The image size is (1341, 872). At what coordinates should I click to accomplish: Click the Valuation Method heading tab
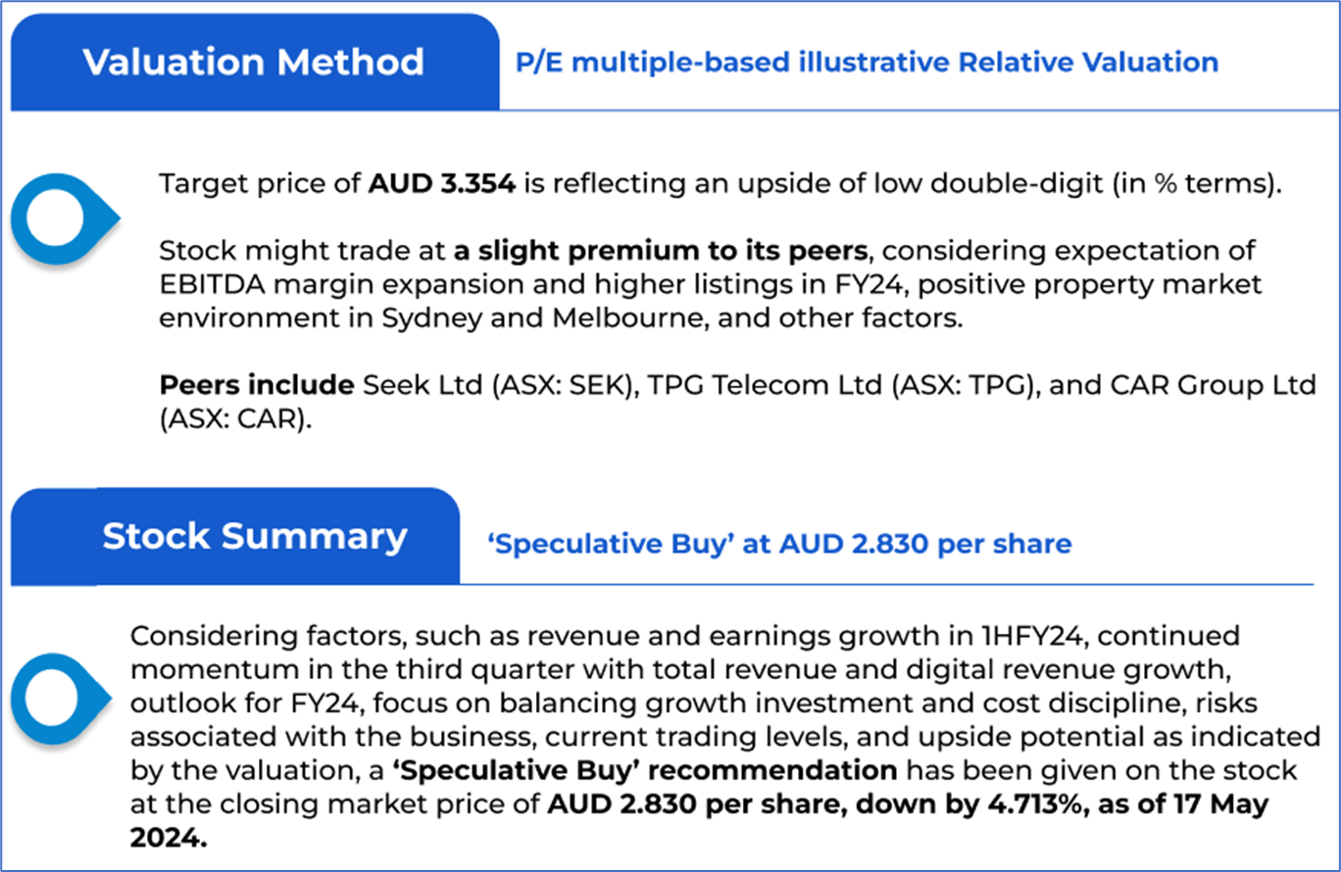tap(255, 63)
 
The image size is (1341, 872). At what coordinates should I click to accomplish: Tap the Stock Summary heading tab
tap(235, 536)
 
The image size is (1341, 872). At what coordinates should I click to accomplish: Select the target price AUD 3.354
tap(442, 184)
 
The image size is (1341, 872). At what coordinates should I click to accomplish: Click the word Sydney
tap(431, 318)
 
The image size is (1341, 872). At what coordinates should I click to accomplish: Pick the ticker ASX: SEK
tap(565, 385)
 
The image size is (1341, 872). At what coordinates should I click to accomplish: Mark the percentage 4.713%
tap(1035, 804)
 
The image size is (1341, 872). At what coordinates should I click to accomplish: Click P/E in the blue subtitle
tap(539, 63)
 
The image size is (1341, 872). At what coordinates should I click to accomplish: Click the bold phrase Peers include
tap(257, 385)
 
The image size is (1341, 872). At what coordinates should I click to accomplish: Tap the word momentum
tap(215, 670)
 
